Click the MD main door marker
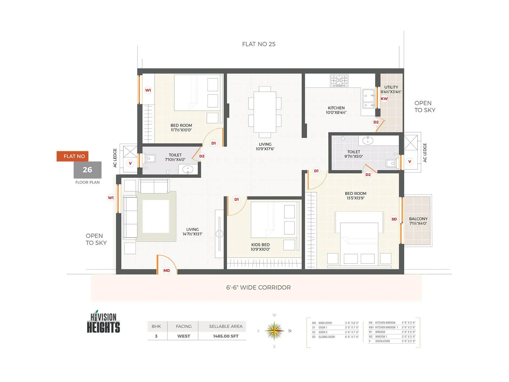click(167, 271)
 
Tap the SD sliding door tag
click(394, 219)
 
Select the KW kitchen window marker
click(384, 99)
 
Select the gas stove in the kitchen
click(339, 81)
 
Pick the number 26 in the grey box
click(87, 170)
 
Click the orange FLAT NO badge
click(73, 156)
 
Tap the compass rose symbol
click(274, 331)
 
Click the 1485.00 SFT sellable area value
click(226, 336)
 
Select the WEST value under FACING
click(184, 336)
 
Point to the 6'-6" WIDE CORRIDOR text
click(258, 287)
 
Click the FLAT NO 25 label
click(259, 44)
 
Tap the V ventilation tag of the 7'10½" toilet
click(130, 163)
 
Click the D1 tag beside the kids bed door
click(236, 200)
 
